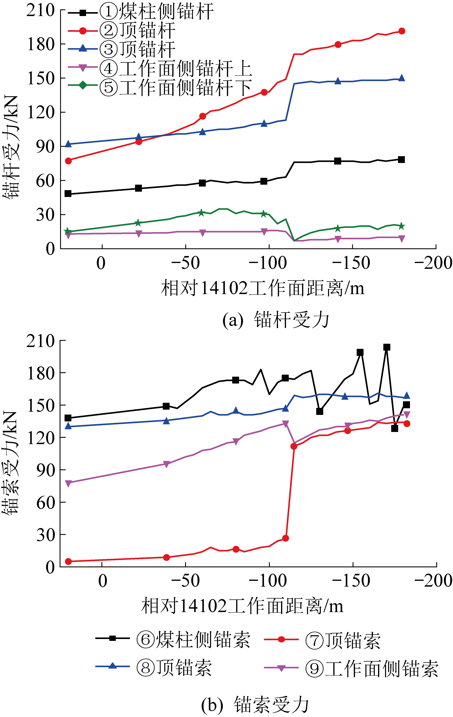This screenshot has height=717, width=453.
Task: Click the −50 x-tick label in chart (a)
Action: click(x=185, y=263)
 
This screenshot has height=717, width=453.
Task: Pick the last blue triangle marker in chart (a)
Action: click(x=401, y=78)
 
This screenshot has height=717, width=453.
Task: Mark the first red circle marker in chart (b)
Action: click(x=68, y=561)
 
